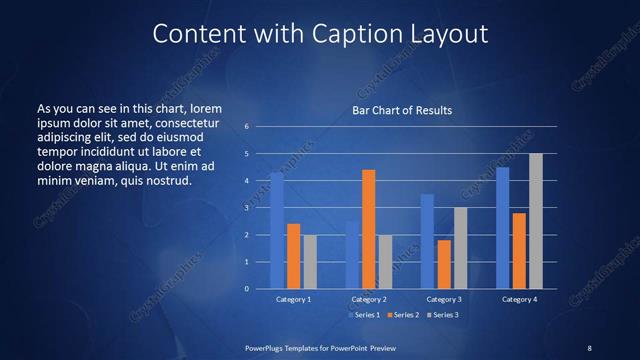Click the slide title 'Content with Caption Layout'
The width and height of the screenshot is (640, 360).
(x=320, y=34)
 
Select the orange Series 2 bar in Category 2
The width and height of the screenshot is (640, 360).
(x=368, y=229)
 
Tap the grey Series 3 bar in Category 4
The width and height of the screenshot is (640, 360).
(x=536, y=221)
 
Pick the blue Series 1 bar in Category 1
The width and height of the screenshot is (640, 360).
(x=277, y=230)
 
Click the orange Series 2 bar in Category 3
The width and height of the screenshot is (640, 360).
(x=444, y=264)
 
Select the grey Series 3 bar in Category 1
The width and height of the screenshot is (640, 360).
(x=310, y=261)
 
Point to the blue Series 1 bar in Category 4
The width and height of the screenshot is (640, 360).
(x=503, y=228)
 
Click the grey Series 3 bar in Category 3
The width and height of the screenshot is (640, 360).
(x=460, y=248)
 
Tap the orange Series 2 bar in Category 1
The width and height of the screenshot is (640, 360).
(x=293, y=256)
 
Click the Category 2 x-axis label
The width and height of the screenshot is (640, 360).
(x=368, y=299)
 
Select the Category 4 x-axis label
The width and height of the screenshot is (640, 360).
(x=519, y=299)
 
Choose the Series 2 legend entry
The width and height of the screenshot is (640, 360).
(x=403, y=315)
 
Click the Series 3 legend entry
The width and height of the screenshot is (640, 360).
(x=441, y=315)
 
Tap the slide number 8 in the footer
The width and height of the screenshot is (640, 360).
(x=589, y=347)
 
